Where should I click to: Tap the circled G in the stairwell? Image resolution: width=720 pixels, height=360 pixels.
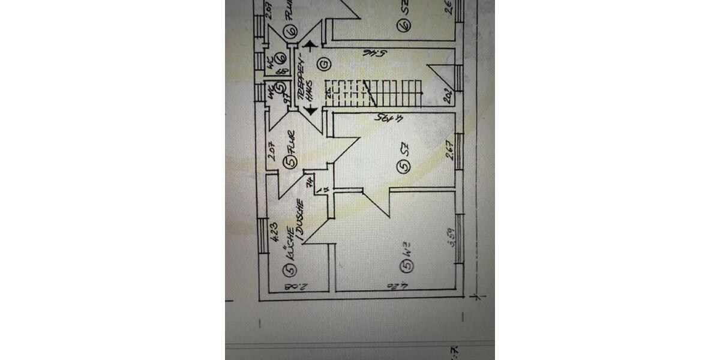pyautogui.click(x=324, y=62)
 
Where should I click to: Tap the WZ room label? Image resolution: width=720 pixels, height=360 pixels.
pyautogui.click(x=406, y=245)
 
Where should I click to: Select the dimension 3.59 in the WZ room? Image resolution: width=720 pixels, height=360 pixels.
pyautogui.click(x=452, y=231)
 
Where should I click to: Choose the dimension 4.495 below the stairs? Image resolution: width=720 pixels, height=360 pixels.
pyautogui.click(x=388, y=118)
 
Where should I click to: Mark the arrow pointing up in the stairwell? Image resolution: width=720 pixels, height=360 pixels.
pyautogui.click(x=310, y=44)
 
